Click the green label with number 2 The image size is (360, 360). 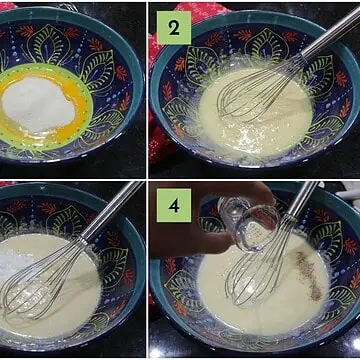[174, 28]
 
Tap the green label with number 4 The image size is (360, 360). [174, 205]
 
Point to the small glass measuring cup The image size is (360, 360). [249, 221]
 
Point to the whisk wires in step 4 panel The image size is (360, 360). [257, 263]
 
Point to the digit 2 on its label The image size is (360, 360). [174, 28]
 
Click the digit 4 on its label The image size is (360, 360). [174, 206]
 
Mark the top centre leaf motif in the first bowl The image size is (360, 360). [49, 44]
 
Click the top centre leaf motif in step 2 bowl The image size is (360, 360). [267, 44]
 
